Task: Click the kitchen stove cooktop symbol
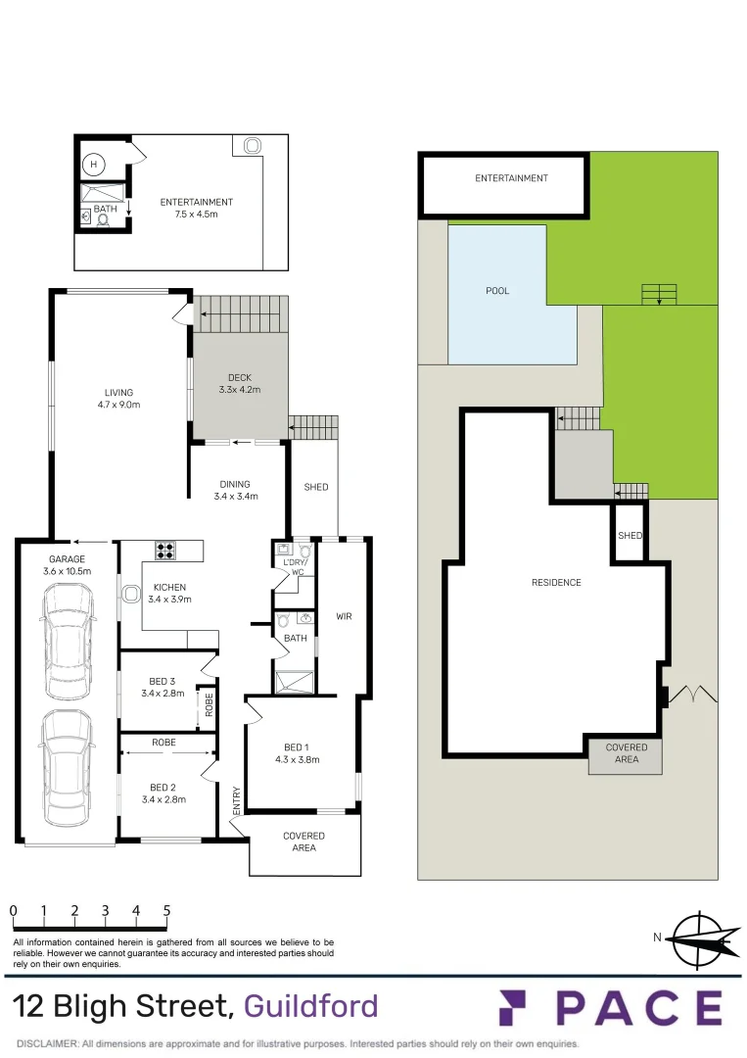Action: coord(165,551)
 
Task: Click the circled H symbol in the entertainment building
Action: coord(94,165)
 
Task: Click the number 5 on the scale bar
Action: coord(166,910)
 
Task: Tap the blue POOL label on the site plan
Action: coord(497,291)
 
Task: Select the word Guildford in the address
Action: coord(310,1006)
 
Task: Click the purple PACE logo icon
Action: coord(518,1008)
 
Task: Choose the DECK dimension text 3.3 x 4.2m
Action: coord(239,390)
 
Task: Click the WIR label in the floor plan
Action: coord(343,616)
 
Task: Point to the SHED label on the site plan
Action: coord(630,536)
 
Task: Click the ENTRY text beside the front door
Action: coord(236,800)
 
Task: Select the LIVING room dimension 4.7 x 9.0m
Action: coord(119,405)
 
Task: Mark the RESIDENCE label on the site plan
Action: coord(556,583)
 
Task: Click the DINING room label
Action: coord(235,484)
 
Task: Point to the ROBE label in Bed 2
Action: coord(163,743)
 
